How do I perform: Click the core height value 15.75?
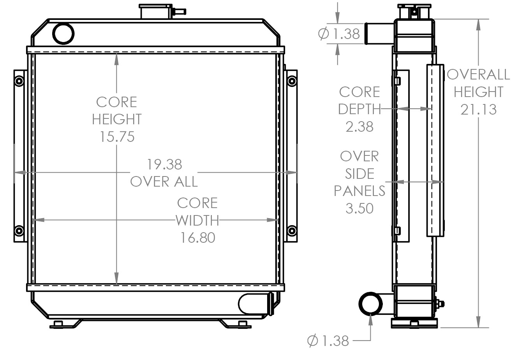tap(116, 137)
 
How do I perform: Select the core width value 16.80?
tap(197, 237)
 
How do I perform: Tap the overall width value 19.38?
tap(164, 164)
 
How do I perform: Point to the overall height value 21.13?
tap(479, 109)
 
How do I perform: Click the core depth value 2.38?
tap(359, 127)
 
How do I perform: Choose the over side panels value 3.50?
tap(359, 208)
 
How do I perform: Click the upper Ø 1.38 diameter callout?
tap(339, 34)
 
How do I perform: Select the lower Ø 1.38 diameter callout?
tap(328, 341)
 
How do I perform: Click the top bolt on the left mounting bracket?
tap(18, 81)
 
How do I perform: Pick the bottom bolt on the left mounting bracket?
tap(18, 231)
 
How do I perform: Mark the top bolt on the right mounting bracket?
tap(291, 81)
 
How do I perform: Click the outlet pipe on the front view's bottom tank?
tap(255, 304)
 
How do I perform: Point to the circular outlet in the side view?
tap(370, 304)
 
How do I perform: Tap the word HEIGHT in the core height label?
tap(116, 119)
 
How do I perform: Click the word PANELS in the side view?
tap(359, 191)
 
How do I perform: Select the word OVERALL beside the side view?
tap(479, 74)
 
